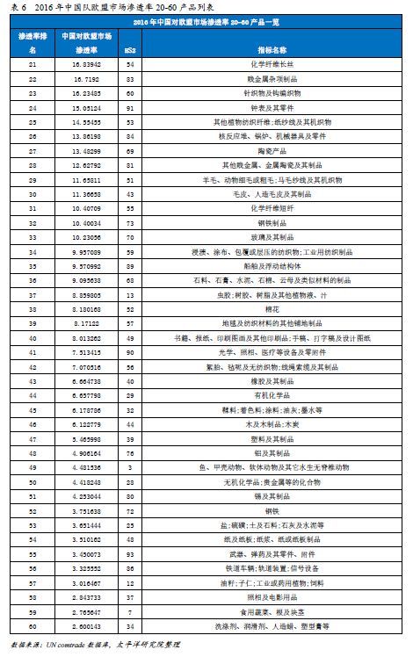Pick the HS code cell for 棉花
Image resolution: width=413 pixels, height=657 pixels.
coord(131,309)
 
